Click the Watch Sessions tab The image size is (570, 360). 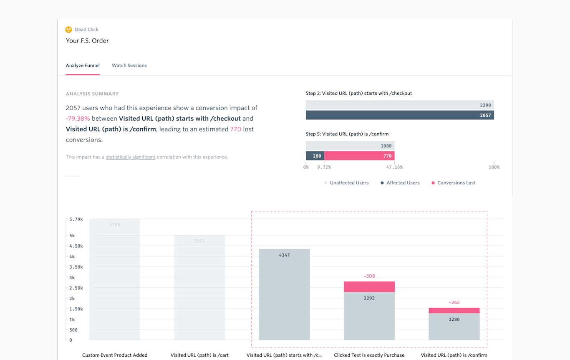point(129,66)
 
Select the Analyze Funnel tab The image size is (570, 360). point(83,66)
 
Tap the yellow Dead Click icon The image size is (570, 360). point(69,30)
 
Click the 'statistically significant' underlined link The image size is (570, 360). point(131,157)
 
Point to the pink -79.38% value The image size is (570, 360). point(78,119)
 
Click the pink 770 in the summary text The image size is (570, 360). point(235,129)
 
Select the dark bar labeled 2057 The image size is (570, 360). point(399,115)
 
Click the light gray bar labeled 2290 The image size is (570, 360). point(399,105)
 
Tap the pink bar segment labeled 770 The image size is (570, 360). point(359,156)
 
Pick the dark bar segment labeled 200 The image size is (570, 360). point(315,156)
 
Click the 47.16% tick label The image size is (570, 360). point(394,167)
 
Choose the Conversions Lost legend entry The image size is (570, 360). point(456,183)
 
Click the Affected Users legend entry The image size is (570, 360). point(402,183)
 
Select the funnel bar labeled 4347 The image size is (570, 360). point(284,294)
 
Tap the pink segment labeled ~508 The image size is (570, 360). point(369,286)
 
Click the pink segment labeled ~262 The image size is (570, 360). point(454,310)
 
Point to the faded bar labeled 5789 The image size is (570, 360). point(115,279)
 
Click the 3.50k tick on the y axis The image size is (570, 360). point(76,267)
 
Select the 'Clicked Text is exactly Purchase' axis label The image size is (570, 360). point(369,355)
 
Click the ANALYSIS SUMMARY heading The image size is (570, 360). point(92,94)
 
